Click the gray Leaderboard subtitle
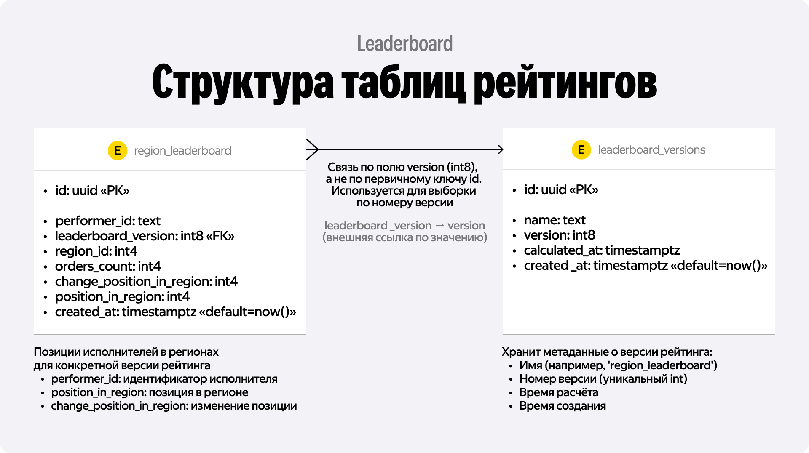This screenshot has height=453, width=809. (x=405, y=44)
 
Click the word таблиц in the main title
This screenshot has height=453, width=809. (x=403, y=82)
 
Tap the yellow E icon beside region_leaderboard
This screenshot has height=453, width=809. (x=118, y=150)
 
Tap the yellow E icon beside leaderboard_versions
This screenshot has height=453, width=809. (x=581, y=149)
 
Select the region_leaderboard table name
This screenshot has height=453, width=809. (x=182, y=151)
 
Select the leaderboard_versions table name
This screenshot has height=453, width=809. (x=651, y=150)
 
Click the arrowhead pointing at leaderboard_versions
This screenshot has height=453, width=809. (x=501, y=149)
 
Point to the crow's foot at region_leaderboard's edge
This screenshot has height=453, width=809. (x=312, y=149)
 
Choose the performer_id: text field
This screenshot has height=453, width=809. (x=108, y=221)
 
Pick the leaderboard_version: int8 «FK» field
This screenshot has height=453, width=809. (x=145, y=236)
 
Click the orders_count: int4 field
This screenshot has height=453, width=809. (x=108, y=266)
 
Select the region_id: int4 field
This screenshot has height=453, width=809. (x=96, y=251)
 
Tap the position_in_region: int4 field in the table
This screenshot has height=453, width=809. (x=122, y=297)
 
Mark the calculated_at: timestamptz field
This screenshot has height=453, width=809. (x=602, y=250)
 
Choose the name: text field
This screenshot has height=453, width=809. (x=555, y=220)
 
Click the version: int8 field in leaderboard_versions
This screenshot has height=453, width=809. (x=560, y=235)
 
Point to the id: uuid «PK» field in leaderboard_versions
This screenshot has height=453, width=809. (x=561, y=190)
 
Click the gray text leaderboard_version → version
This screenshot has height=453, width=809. (x=404, y=226)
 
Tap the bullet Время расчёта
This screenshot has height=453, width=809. (x=559, y=392)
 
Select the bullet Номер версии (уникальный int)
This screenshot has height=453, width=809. (x=603, y=379)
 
